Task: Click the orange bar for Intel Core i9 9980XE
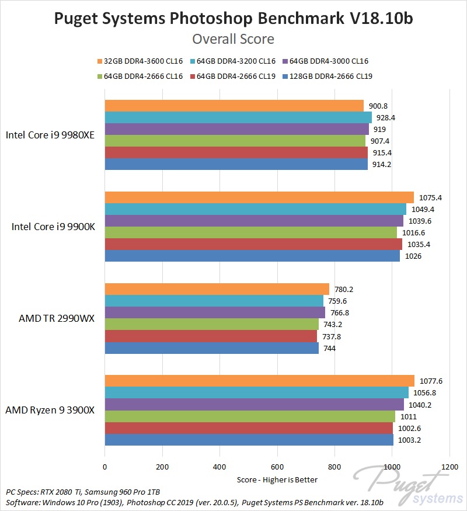(233, 106)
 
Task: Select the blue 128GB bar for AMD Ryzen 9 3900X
(249, 440)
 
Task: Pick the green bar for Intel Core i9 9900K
(250, 232)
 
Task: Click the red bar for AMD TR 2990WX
(211, 336)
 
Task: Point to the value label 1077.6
(431, 381)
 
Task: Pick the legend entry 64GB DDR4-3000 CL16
(329, 61)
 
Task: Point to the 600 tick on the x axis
(277, 467)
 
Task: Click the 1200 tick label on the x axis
(449, 467)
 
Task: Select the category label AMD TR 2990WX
(56, 318)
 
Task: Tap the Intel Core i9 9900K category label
(53, 227)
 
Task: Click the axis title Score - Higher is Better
(277, 479)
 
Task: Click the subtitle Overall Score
(233, 39)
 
